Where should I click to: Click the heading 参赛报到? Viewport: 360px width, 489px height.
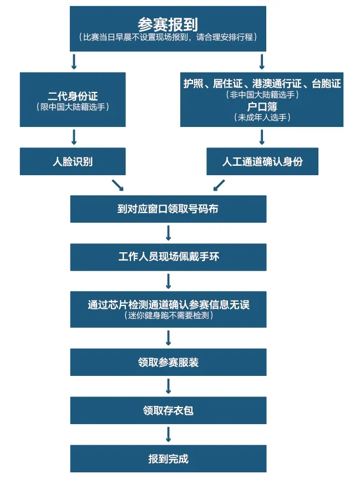[168, 24]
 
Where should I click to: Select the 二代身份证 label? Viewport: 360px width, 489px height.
[73, 96]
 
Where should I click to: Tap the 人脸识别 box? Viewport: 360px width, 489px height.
[73, 162]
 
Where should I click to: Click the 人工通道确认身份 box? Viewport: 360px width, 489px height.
[262, 162]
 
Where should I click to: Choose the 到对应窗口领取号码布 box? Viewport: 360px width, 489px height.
[168, 209]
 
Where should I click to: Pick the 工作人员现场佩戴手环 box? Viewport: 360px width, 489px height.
[168, 257]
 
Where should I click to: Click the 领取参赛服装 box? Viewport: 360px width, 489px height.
[168, 363]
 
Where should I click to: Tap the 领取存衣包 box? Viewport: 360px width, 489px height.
[168, 411]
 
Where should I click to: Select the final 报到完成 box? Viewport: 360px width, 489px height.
[168, 459]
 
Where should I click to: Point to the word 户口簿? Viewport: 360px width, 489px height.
[262, 106]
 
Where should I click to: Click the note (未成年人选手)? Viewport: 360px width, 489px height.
[262, 117]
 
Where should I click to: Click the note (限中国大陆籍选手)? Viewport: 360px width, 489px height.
[73, 106]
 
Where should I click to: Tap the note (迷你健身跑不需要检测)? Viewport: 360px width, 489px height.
[168, 315]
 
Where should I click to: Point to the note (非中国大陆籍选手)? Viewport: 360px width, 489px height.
[262, 95]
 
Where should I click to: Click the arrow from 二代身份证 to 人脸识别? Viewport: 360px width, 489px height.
[73, 137]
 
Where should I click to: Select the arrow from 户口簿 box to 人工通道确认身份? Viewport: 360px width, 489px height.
[262, 137]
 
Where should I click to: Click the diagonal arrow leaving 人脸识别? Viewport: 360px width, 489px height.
[118, 185]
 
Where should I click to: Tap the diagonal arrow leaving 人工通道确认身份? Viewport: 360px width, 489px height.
[219, 185]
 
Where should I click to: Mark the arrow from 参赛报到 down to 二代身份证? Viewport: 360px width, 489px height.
[73, 61]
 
